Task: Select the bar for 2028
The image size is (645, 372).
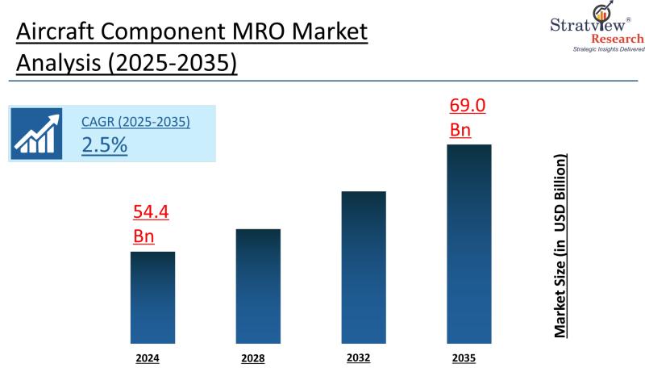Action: (258, 286)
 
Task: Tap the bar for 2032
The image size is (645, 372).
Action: (364, 267)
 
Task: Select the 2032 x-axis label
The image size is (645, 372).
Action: (360, 357)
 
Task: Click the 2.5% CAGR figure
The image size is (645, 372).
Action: (104, 145)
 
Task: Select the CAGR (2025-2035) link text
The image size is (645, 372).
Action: (135, 122)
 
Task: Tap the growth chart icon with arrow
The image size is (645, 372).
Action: (37, 133)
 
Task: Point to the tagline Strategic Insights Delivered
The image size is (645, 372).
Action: (609, 50)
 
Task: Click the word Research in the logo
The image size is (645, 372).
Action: (618, 39)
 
